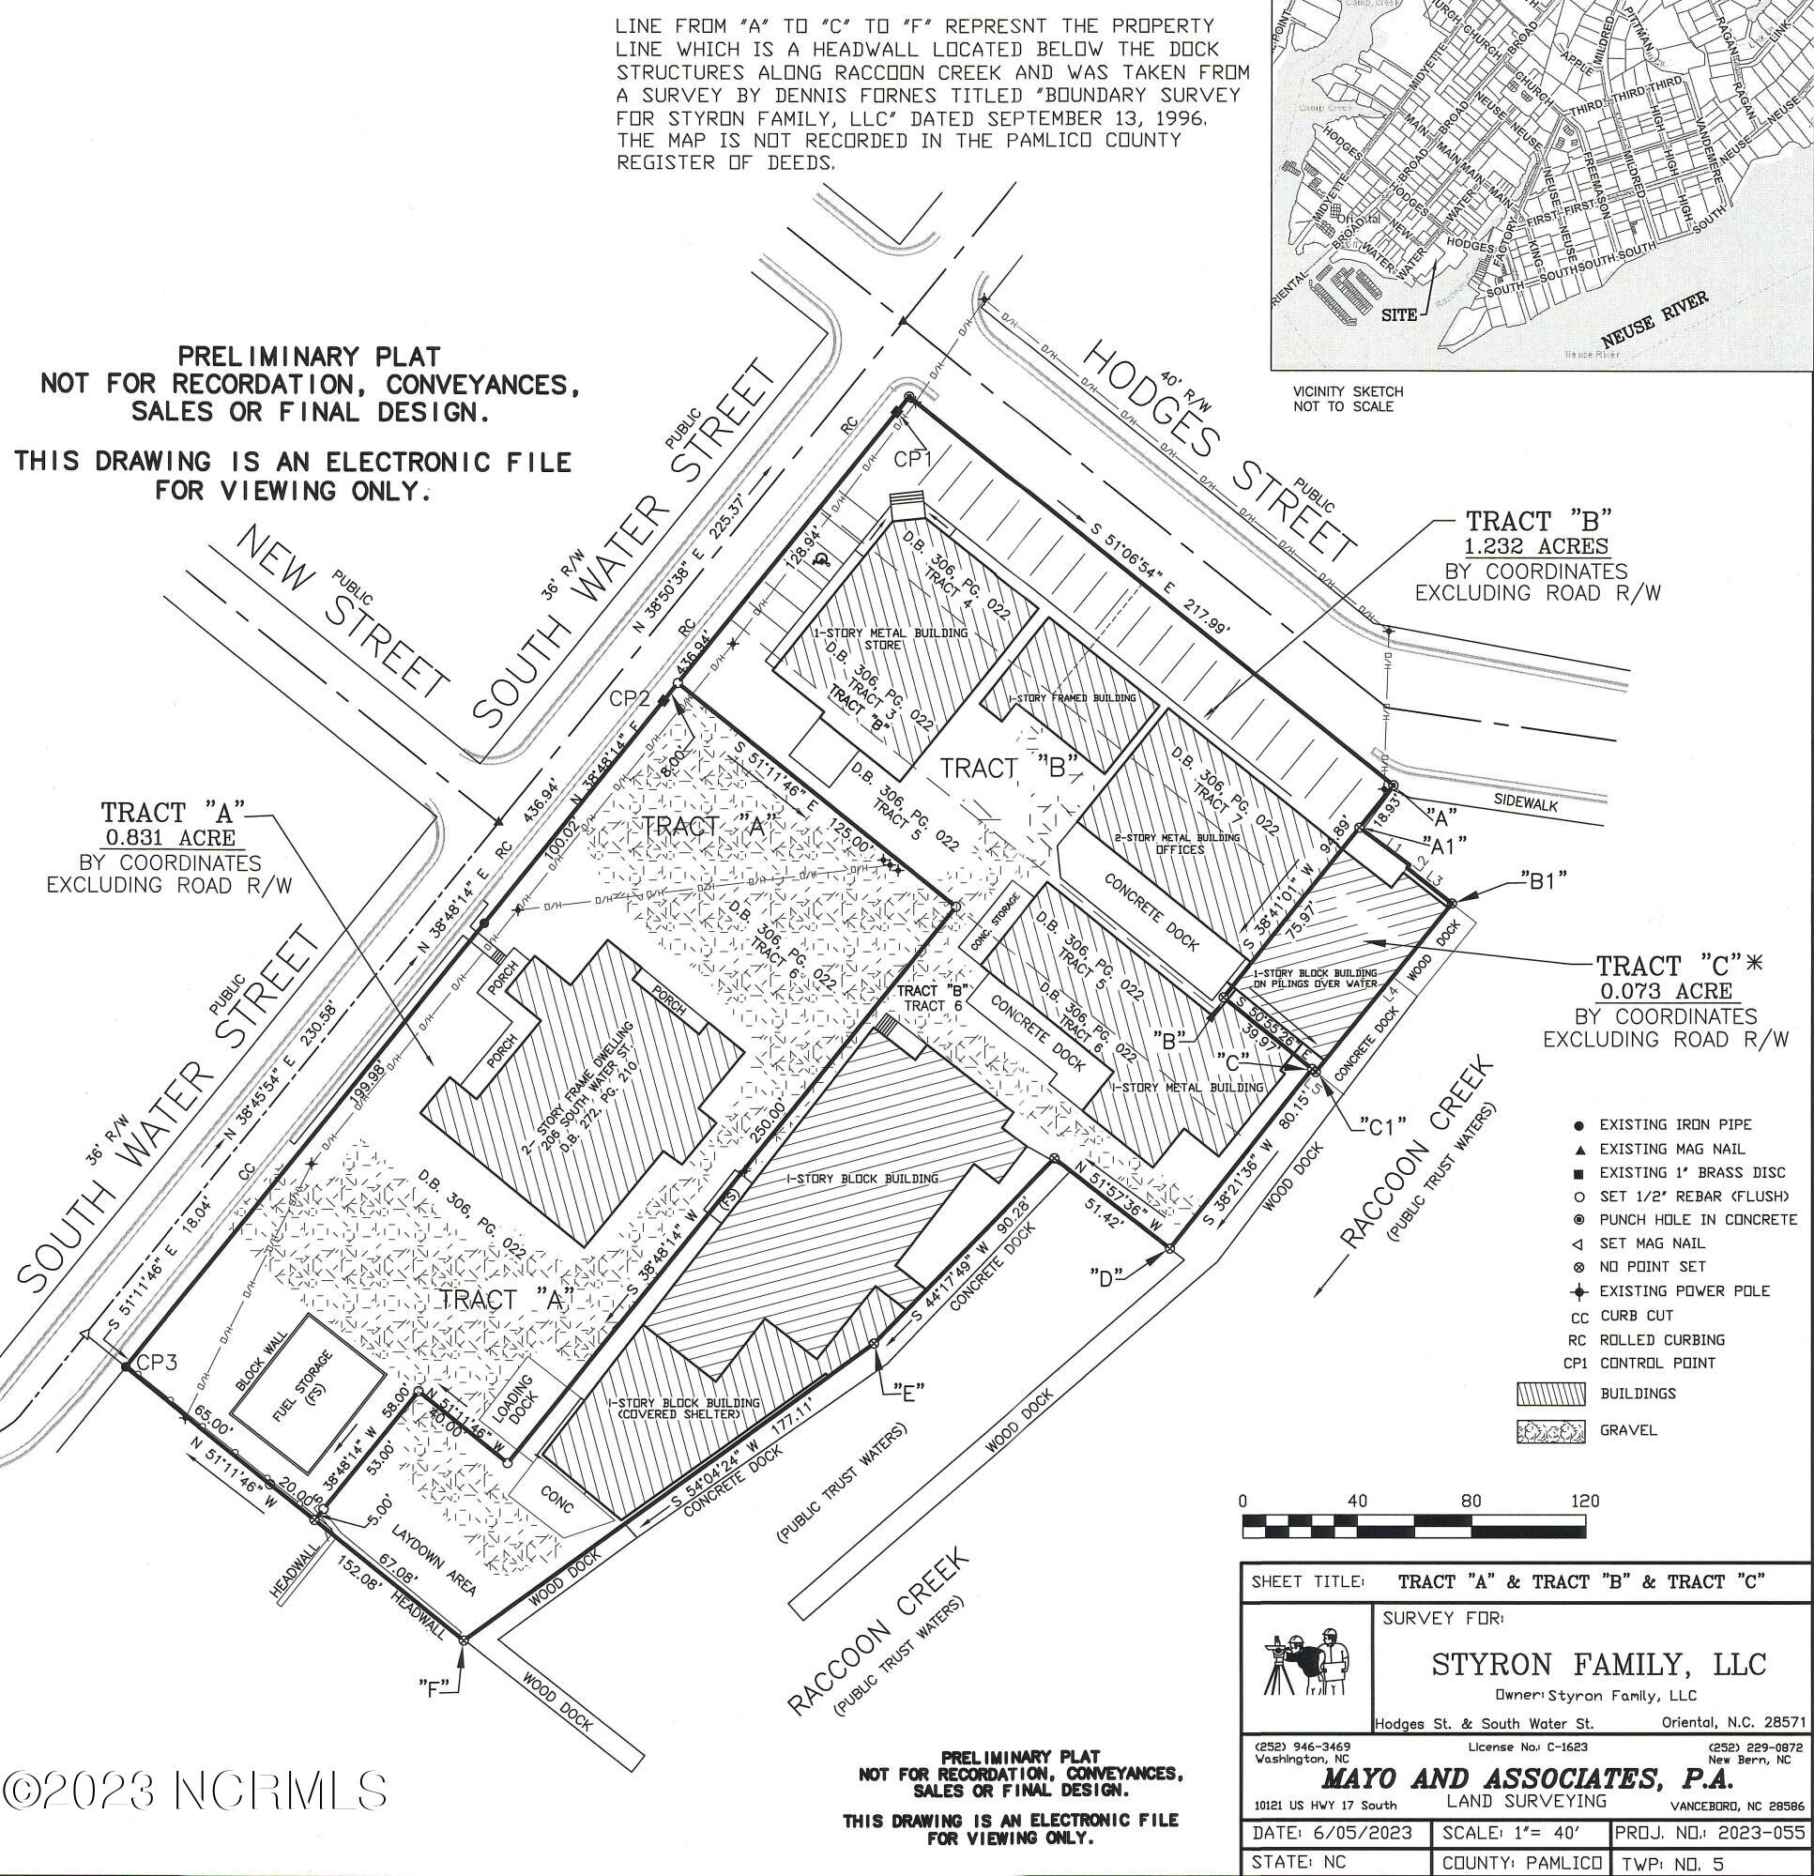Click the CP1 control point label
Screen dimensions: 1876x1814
[913, 461]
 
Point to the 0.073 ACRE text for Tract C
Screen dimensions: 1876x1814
[1666, 991]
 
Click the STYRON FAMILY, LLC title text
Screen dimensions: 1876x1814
[1597, 1665]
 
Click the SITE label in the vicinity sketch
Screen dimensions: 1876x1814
[1398, 315]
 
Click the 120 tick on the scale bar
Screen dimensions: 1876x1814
[1585, 1501]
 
